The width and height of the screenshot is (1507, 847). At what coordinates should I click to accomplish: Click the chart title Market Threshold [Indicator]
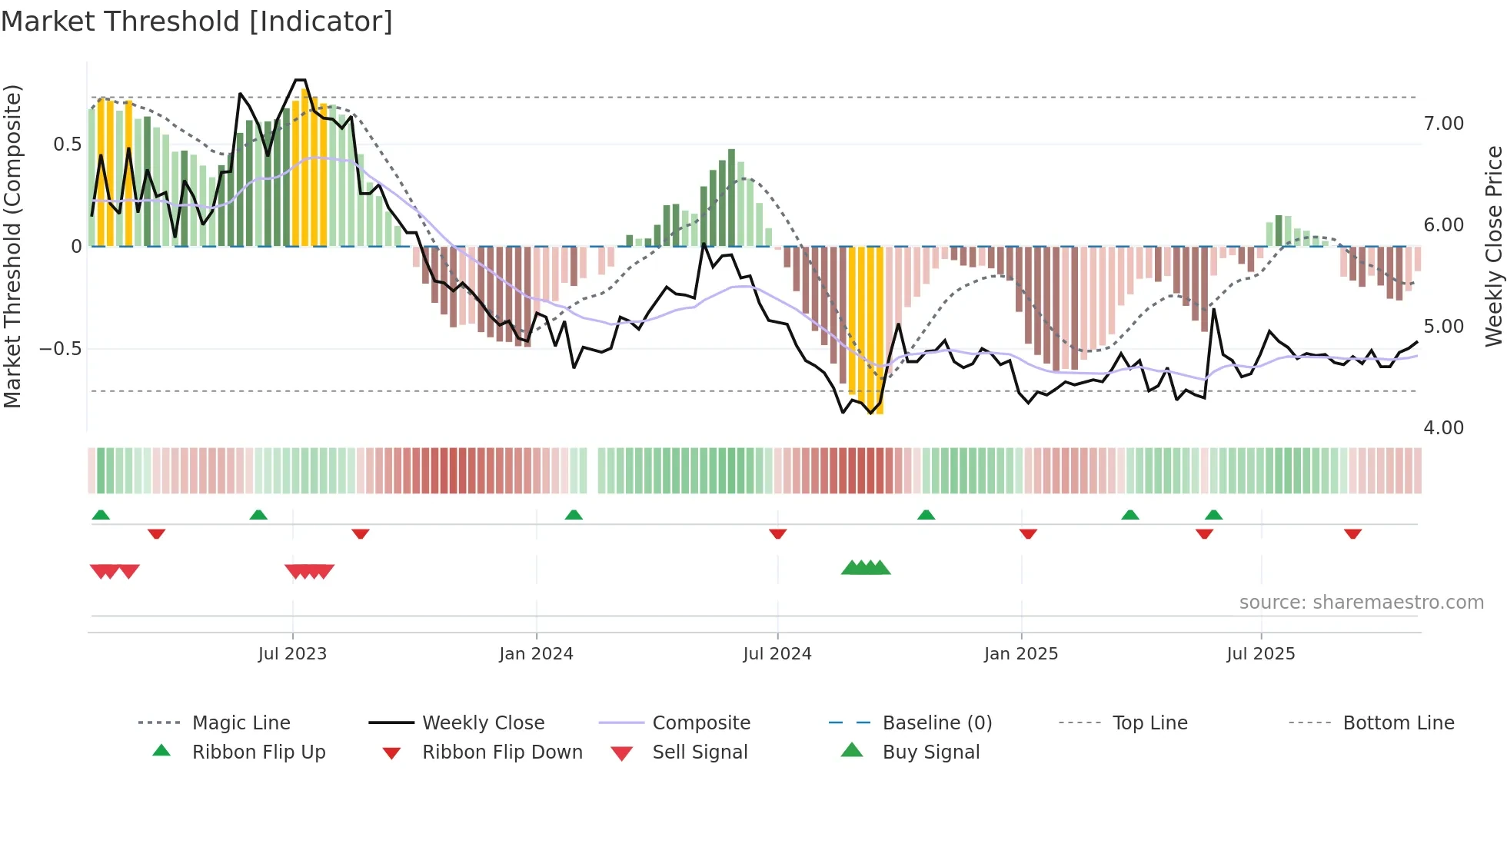tap(197, 22)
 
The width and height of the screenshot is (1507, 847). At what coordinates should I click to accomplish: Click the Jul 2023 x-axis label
tap(292, 654)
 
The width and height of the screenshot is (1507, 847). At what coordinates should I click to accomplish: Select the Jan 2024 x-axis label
tap(536, 654)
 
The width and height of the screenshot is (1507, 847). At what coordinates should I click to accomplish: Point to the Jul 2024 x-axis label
tap(777, 654)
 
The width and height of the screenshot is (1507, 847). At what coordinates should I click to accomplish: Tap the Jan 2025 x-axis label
tap(1020, 654)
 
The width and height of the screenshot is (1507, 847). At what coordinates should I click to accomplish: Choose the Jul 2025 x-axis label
tap(1260, 654)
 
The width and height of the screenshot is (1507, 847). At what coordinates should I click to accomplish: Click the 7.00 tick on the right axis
tap(1443, 124)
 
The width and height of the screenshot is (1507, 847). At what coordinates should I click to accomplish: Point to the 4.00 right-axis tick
tap(1443, 428)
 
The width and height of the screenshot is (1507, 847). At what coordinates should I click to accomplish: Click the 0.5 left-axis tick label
tap(67, 144)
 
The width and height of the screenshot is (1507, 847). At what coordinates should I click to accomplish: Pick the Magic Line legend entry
tap(241, 723)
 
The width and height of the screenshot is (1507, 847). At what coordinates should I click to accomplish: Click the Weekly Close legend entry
tap(483, 723)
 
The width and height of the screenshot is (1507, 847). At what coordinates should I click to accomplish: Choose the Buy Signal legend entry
tap(930, 752)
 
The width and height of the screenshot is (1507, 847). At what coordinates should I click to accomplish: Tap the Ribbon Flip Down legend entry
tap(502, 752)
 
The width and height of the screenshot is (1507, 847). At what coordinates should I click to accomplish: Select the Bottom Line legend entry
tap(1398, 723)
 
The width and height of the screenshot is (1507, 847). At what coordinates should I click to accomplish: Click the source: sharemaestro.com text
tap(1361, 603)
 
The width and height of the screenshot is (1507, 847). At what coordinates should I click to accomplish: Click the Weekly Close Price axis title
tap(1493, 246)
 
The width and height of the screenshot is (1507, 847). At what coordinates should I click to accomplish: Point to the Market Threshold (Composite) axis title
tap(12, 246)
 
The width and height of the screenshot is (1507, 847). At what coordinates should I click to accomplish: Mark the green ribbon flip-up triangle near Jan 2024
tap(574, 515)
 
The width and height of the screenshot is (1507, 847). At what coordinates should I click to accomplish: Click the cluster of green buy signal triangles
tap(866, 568)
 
